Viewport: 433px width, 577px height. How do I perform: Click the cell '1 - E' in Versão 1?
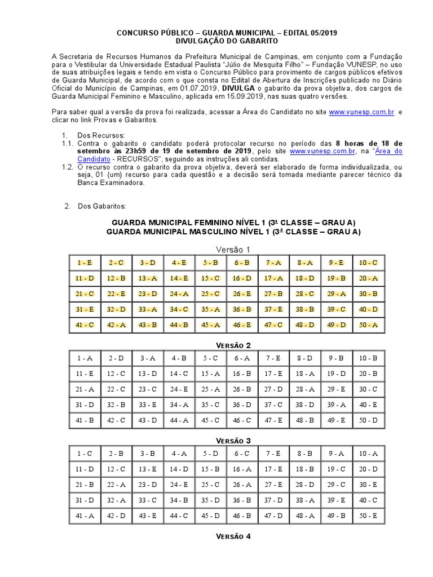tap(85, 263)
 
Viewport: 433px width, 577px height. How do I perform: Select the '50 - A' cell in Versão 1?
tap(368, 325)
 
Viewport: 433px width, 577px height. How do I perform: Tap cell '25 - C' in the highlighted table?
tap(210, 294)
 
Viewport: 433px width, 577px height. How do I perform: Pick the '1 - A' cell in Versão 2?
tap(85, 358)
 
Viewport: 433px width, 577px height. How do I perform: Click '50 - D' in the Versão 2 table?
tap(368, 420)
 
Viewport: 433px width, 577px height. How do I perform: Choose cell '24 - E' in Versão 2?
tap(179, 389)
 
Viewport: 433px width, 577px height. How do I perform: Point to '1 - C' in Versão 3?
tap(85, 453)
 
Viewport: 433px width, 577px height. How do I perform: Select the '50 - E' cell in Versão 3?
tap(368, 516)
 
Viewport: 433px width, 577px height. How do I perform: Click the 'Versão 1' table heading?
tap(233, 250)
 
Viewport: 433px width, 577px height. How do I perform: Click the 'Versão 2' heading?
tap(233, 345)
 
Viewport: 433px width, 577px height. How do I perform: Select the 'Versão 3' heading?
tap(233, 441)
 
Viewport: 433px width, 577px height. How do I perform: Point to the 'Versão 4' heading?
tap(233, 536)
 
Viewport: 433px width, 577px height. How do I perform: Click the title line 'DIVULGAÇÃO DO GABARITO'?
tap(227, 42)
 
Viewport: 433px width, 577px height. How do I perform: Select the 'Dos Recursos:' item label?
tap(101, 136)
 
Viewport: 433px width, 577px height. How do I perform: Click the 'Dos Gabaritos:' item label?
tap(102, 206)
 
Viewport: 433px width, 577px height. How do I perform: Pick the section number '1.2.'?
tap(68, 167)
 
